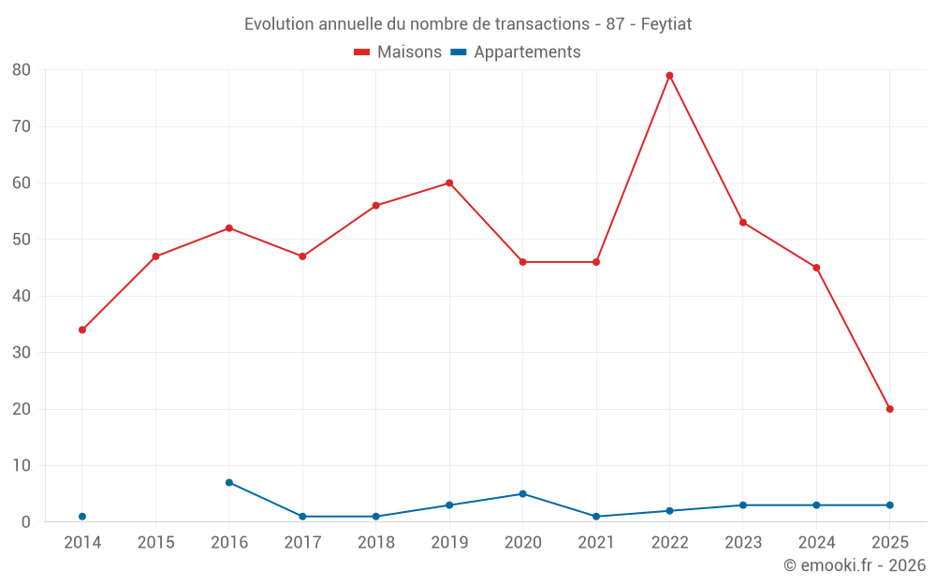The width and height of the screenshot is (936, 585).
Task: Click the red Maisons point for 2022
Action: tap(669, 76)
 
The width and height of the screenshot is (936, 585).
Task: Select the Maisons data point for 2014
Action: tap(82, 329)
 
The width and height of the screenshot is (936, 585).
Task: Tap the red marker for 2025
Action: tap(889, 409)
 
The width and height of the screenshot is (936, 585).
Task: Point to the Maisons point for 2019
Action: tap(449, 183)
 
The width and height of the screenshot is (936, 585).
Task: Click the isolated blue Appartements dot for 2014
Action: tap(82, 517)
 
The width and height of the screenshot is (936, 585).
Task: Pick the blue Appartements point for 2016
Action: tap(229, 482)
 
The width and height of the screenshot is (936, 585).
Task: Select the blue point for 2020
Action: tap(522, 493)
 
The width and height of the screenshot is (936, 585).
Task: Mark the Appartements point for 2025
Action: tap(889, 505)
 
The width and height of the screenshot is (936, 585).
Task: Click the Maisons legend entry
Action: tap(398, 52)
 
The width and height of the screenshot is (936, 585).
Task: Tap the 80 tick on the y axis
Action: tap(22, 70)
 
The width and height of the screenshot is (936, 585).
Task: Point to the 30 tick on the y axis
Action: tap(22, 353)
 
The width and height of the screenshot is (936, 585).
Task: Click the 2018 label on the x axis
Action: tap(376, 543)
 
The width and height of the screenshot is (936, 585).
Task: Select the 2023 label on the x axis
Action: tap(743, 543)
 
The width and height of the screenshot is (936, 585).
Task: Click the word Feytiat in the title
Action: tap(666, 24)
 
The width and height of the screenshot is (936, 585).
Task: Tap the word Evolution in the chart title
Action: tap(278, 24)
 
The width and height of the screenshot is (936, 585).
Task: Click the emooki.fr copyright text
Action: tap(854, 565)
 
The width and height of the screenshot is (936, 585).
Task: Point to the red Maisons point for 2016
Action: tap(229, 227)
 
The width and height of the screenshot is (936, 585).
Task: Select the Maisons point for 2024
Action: tap(816, 268)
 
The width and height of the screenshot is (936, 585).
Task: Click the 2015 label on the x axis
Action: tap(156, 543)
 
